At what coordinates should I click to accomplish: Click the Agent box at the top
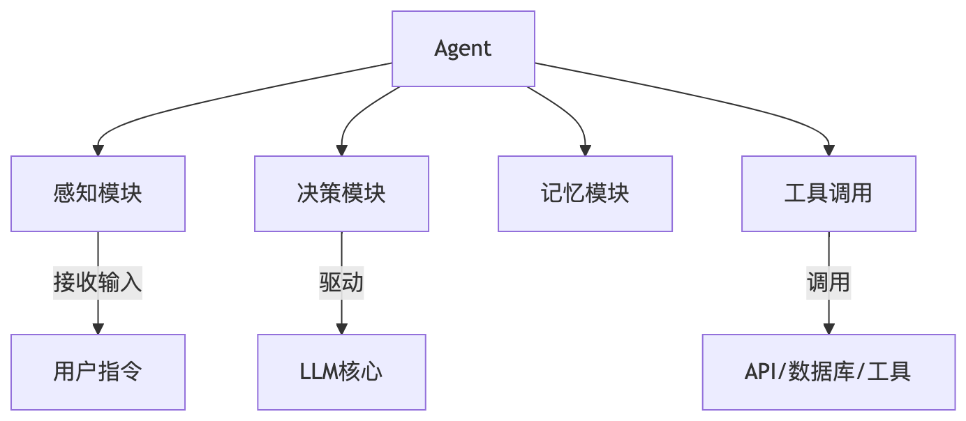[463, 49]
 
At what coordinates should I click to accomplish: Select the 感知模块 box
[98, 193]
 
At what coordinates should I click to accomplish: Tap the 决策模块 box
[341, 193]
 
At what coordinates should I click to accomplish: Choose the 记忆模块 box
[585, 193]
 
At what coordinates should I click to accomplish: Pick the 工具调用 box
[828, 193]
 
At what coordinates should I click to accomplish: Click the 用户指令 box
[98, 372]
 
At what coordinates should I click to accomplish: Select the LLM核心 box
[341, 372]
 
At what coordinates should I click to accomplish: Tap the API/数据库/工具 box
[828, 372]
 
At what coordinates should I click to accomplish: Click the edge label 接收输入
[98, 282]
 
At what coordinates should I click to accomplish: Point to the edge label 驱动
[341, 282]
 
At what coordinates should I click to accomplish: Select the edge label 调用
[828, 282]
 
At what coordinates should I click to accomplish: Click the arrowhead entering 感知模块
[98, 150]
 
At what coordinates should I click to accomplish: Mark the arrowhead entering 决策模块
[341, 150]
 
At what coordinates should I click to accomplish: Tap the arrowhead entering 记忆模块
[585, 150]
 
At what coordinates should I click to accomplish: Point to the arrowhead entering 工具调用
[828, 150]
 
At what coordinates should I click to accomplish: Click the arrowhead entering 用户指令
[98, 328]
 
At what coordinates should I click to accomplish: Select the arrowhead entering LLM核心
[341, 328]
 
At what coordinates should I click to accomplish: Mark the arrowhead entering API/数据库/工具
[828, 328]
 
